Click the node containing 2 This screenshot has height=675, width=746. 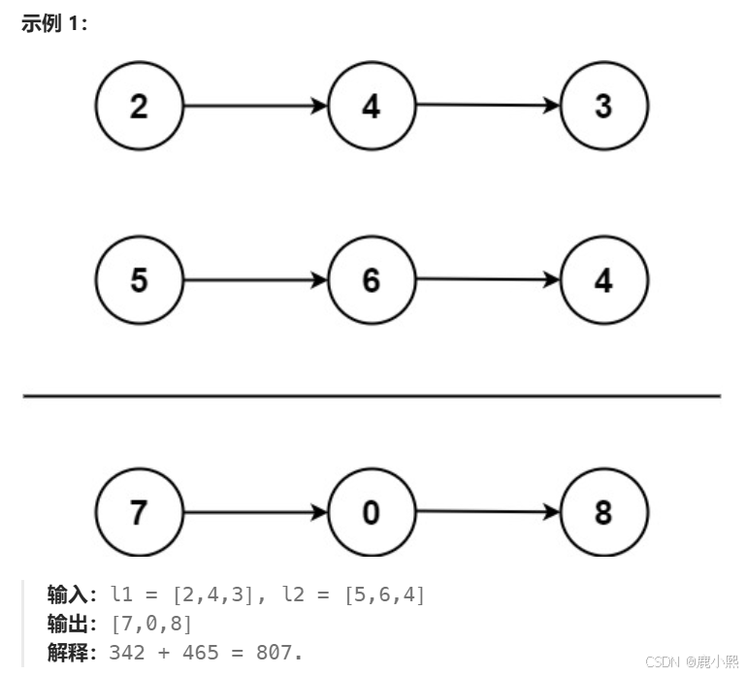(139, 106)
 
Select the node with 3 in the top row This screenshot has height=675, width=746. (603, 106)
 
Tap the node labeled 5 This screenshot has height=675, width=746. (139, 280)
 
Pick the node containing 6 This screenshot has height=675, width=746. (371, 280)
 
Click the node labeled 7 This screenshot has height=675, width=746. (139, 512)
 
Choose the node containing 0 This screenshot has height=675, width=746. (371, 512)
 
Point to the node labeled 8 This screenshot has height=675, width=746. (603, 512)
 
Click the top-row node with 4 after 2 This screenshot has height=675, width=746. (371, 106)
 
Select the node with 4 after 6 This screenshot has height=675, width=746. (603, 280)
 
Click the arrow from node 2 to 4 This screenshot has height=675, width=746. (254, 106)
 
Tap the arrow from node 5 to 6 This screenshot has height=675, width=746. (254, 280)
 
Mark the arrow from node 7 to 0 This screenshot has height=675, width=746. (254, 512)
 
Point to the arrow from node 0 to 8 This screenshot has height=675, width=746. (487, 511)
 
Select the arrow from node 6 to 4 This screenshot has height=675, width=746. (487, 279)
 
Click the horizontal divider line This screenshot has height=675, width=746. (372, 396)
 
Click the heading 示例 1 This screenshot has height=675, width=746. (54, 24)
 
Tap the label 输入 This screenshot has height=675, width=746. (67, 595)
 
